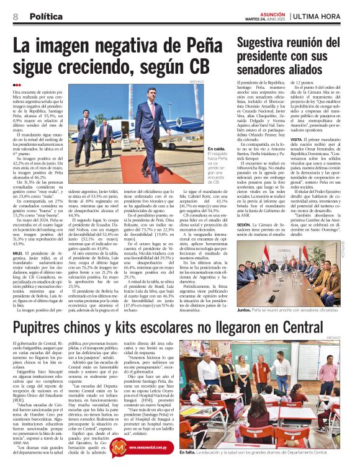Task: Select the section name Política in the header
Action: (44, 17)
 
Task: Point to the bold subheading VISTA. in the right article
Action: (297, 140)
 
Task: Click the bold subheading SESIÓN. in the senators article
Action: (245, 224)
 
